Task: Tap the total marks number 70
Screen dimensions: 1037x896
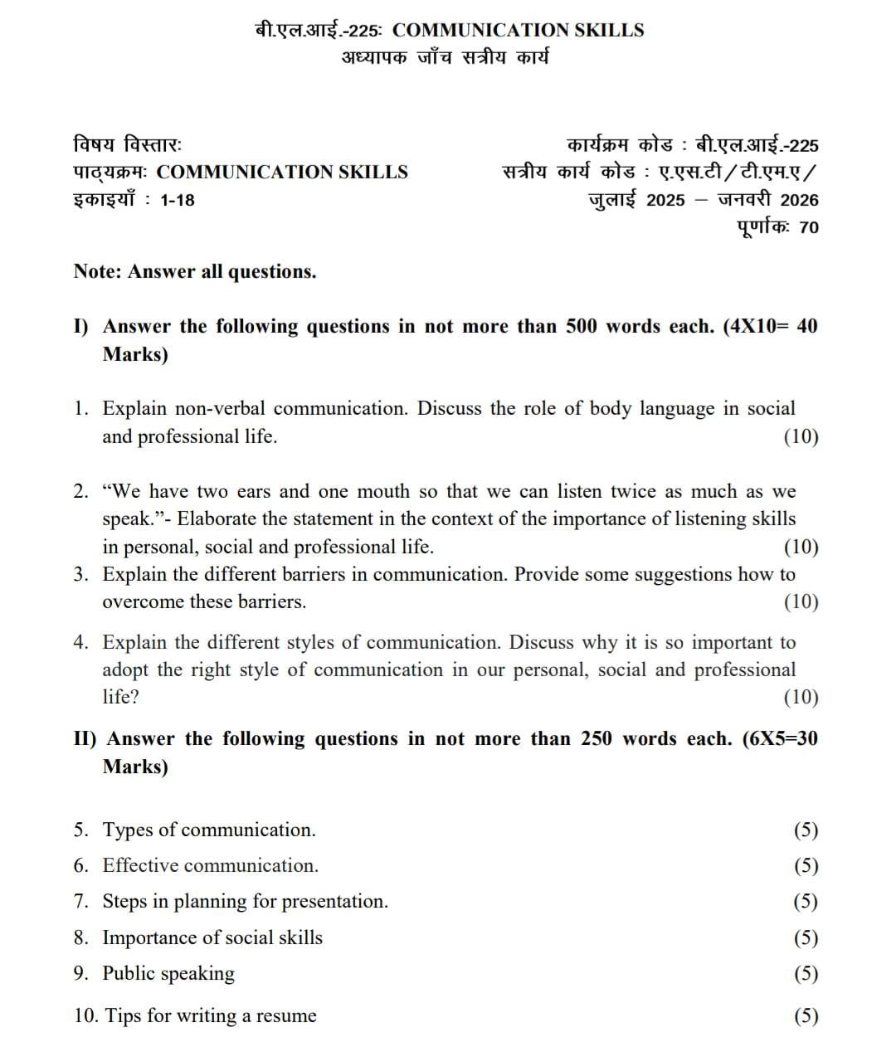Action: click(x=809, y=227)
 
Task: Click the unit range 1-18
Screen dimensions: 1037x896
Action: click(x=178, y=200)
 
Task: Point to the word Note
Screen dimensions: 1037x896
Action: click(x=97, y=271)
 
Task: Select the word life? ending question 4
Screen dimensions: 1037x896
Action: click(x=120, y=697)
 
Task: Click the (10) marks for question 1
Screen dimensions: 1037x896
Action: click(x=801, y=436)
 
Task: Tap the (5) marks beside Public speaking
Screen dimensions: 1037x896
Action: click(x=806, y=973)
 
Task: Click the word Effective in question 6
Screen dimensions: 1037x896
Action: click(x=140, y=865)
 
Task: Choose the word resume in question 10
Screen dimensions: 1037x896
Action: click(x=286, y=1015)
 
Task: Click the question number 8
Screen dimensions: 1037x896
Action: click(x=80, y=937)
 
